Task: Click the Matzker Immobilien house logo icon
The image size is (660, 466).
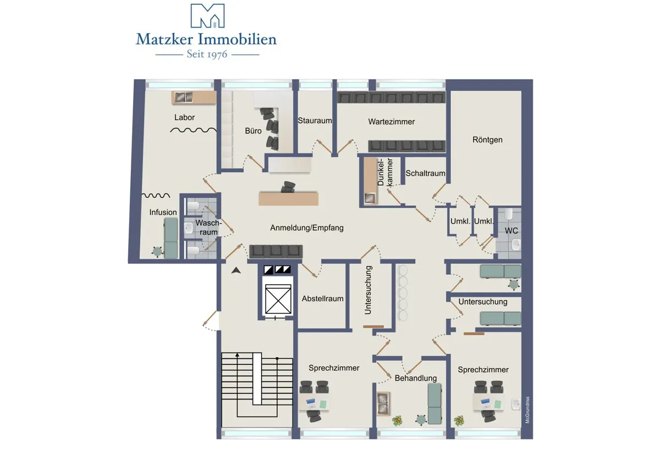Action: click(207, 15)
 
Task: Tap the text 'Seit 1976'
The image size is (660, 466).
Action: click(207, 54)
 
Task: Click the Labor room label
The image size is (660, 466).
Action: click(184, 118)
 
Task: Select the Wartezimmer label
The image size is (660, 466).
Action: click(391, 121)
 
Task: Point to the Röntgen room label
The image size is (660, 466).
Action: click(487, 140)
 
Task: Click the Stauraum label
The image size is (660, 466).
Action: click(315, 120)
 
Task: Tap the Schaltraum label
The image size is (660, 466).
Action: click(425, 174)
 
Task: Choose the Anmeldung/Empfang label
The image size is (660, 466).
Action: click(307, 228)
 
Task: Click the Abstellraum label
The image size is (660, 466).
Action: click(322, 298)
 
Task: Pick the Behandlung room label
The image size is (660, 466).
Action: click(415, 378)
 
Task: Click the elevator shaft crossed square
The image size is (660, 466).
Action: click(278, 299)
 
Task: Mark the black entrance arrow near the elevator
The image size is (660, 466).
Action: click(236, 270)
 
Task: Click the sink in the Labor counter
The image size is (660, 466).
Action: click(183, 97)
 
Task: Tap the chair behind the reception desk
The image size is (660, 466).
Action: click(288, 187)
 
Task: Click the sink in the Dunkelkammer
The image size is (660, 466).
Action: click(370, 198)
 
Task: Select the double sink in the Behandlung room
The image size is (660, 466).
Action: click(384, 403)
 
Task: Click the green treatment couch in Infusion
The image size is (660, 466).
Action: click(171, 238)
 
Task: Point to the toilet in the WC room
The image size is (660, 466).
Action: click(509, 214)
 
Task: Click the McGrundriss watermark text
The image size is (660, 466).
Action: click(527, 410)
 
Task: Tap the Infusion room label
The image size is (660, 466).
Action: click(163, 212)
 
